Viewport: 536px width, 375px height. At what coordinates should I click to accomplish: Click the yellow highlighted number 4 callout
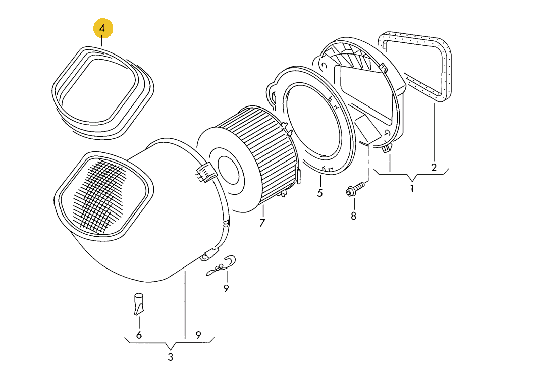pyautogui.click(x=103, y=28)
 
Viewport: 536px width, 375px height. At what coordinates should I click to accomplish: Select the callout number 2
pyautogui.click(x=434, y=168)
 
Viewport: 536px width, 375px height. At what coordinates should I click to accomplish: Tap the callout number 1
pyautogui.click(x=412, y=188)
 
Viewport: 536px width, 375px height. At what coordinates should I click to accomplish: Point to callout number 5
pyautogui.click(x=319, y=193)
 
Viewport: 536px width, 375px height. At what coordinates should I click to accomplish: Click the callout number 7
pyautogui.click(x=262, y=223)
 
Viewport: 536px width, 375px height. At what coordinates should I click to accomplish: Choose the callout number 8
pyautogui.click(x=353, y=216)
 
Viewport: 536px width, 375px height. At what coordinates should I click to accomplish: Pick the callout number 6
pyautogui.click(x=139, y=335)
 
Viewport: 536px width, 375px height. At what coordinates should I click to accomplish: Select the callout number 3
pyautogui.click(x=170, y=357)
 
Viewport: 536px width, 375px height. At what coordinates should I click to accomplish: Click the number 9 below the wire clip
pyautogui.click(x=226, y=289)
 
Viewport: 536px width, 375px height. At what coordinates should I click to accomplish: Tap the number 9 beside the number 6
pyautogui.click(x=198, y=335)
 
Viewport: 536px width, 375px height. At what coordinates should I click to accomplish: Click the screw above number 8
pyautogui.click(x=355, y=189)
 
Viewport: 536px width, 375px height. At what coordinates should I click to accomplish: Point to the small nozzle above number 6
pyautogui.click(x=139, y=304)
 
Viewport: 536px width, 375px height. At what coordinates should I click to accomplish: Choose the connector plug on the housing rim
pyautogui.click(x=206, y=172)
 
